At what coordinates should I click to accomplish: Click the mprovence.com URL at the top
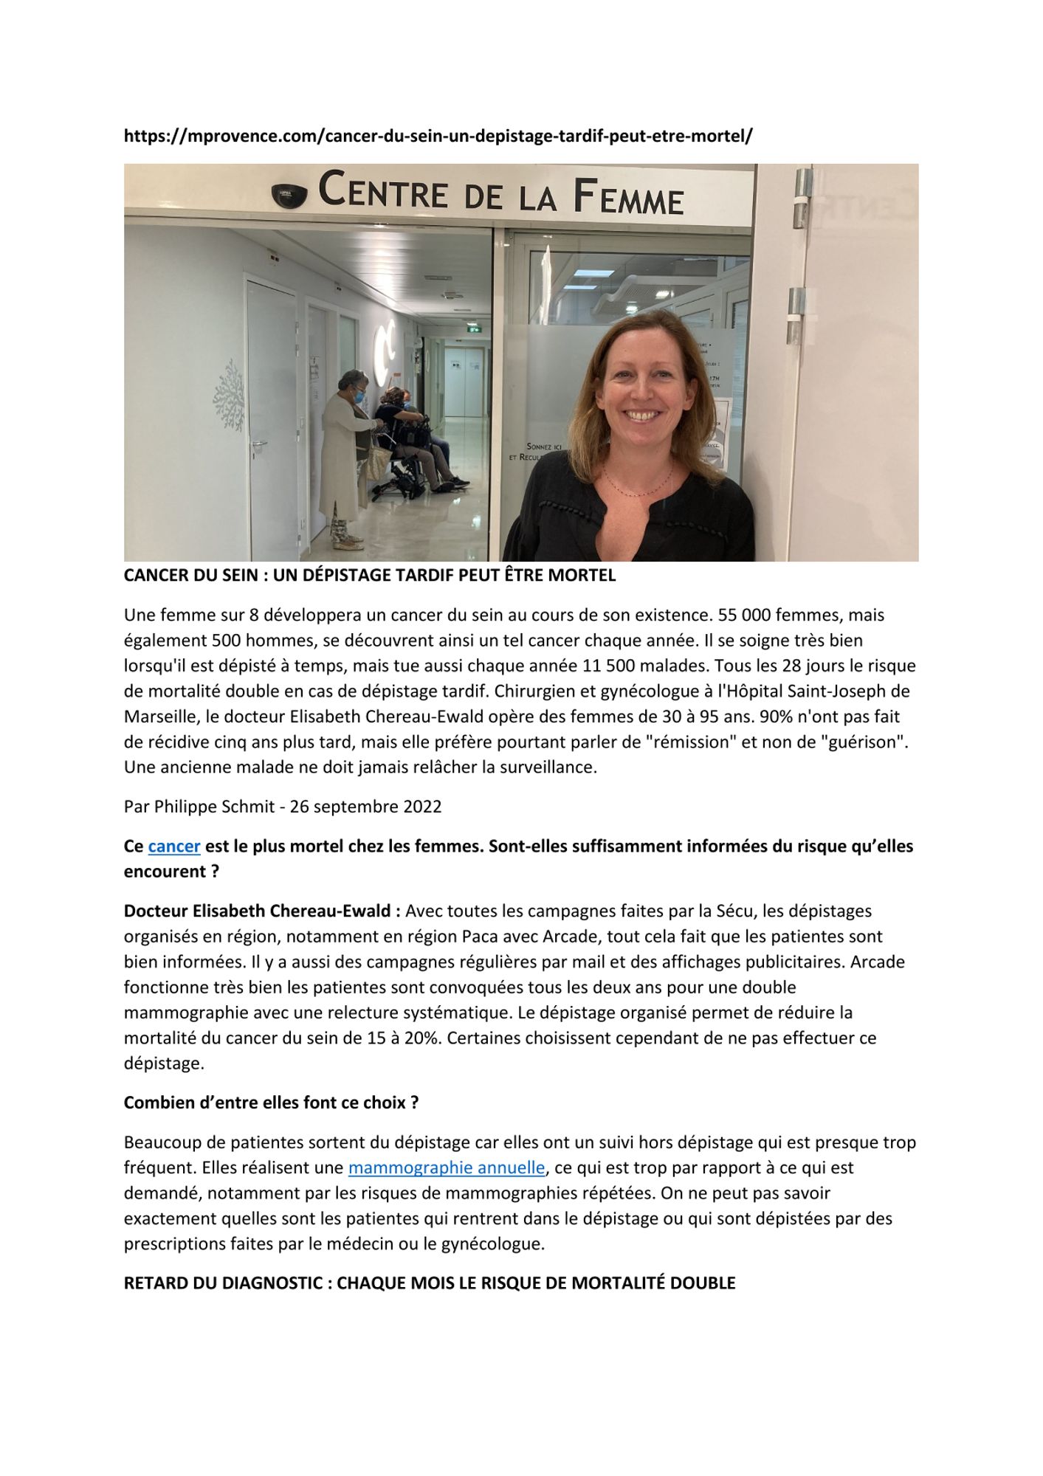(438, 137)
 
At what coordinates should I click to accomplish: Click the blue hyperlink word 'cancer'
(174, 846)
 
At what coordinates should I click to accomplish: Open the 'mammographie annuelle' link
(446, 1168)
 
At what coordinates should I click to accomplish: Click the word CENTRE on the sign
(383, 191)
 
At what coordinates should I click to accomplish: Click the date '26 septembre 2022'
(365, 807)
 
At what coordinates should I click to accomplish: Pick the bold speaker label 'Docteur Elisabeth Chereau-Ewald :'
(262, 911)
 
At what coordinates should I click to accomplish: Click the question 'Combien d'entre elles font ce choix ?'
(271, 1103)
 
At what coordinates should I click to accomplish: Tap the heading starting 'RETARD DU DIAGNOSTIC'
(429, 1283)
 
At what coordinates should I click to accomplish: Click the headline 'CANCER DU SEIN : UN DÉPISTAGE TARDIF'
(369, 576)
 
